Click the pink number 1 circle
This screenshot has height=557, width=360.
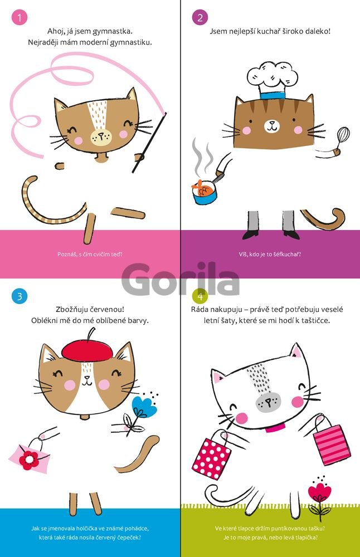(x=20, y=17)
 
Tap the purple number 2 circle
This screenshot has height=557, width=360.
(x=200, y=17)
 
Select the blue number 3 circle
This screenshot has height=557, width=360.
(x=20, y=296)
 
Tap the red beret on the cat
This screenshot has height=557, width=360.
(x=87, y=349)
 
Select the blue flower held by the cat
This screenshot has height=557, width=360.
(x=144, y=407)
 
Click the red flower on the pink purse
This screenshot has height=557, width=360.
(x=29, y=460)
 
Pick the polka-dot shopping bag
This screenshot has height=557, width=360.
(x=211, y=457)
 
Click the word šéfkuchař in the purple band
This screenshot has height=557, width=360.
(x=287, y=255)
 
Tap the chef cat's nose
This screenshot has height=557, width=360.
(x=272, y=123)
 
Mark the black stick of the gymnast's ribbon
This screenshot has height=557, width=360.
(x=149, y=143)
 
